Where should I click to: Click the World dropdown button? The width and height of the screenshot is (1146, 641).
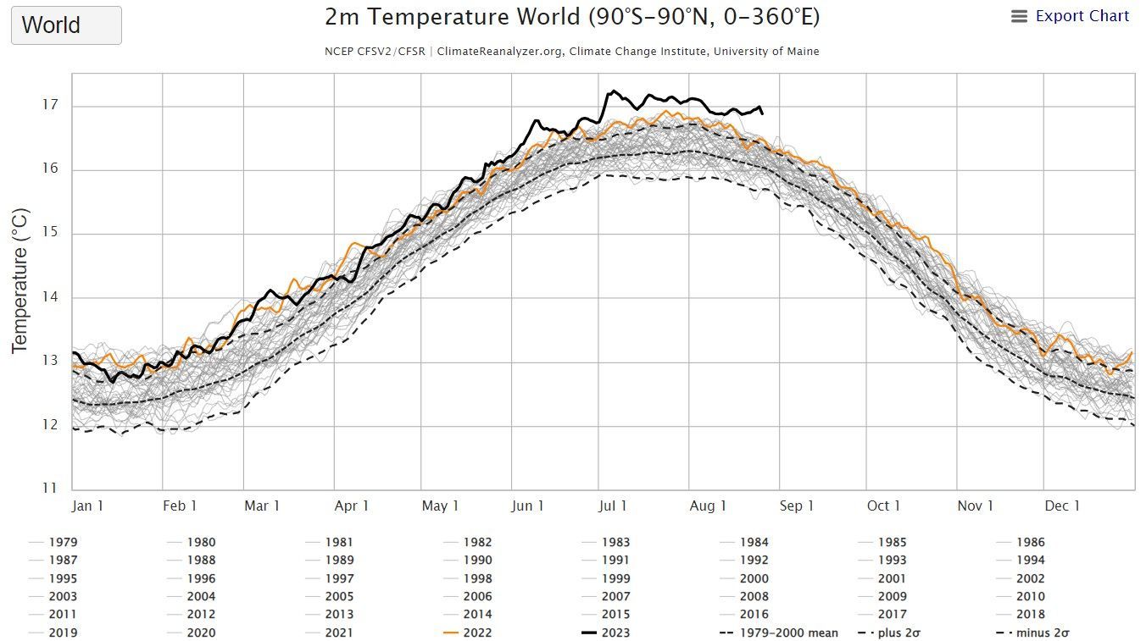(x=66, y=25)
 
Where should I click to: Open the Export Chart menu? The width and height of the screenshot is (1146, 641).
(x=1071, y=16)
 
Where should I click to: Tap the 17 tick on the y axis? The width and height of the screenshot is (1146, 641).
(x=51, y=106)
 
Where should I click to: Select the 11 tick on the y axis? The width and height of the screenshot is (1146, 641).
(x=51, y=489)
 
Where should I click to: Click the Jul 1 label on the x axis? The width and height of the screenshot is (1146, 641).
(x=613, y=506)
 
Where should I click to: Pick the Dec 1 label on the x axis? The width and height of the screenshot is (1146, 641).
(x=1062, y=506)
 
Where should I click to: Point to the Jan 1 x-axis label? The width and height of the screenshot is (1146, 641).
(x=87, y=506)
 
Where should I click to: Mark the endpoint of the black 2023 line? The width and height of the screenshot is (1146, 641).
(x=762, y=113)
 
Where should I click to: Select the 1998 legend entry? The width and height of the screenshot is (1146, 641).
(x=477, y=578)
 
